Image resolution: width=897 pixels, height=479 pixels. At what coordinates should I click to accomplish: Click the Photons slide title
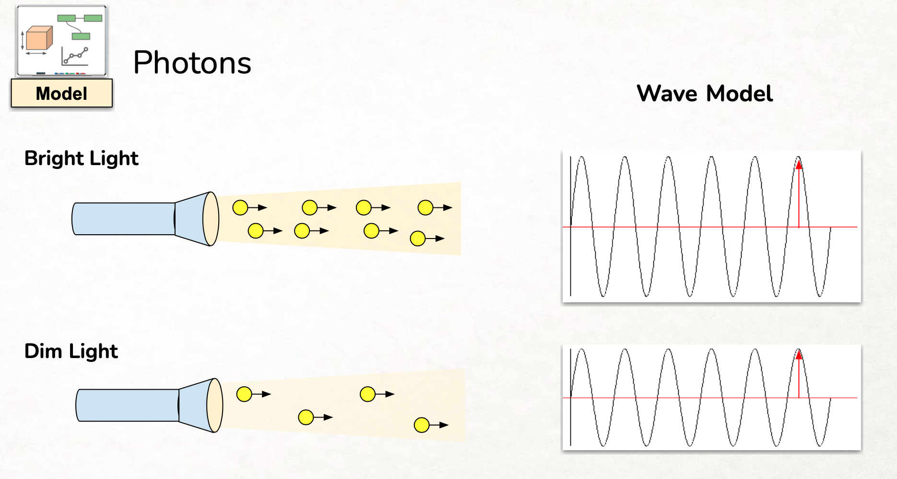(x=192, y=63)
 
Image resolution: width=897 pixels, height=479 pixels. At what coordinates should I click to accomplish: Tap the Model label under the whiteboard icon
(x=61, y=94)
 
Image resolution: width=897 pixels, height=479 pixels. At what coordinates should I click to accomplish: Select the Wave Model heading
(x=704, y=94)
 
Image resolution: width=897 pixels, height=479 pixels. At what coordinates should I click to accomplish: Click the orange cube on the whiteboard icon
(x=39, y=38)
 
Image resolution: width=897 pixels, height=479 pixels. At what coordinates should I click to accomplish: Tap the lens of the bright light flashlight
(x=211, y=219)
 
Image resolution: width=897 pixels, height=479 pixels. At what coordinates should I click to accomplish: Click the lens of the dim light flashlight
(x=215, y=405)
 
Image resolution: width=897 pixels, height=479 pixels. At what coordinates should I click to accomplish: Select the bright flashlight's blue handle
(x=124, y=219)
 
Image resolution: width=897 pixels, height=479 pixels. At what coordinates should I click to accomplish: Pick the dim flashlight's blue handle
(x=128, y=405)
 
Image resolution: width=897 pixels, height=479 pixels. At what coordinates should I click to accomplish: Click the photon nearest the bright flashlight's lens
(x=240, y=208)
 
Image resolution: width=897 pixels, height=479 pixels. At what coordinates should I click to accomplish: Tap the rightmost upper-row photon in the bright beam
(x=425, y=208)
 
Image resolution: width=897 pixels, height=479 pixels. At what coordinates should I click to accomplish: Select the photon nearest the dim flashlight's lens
(x=244, y=395)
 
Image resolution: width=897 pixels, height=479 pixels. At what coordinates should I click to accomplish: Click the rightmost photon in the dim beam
(x=422, y=425)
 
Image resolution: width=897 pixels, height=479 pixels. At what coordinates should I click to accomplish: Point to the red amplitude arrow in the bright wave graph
(x=799, y=194)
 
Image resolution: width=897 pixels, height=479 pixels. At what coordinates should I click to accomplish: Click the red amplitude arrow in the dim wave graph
(x=799, y=374)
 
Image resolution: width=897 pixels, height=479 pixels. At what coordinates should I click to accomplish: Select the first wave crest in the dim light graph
(x=581, y=350)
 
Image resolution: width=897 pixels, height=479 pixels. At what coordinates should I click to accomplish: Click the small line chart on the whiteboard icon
(x=75, y=57)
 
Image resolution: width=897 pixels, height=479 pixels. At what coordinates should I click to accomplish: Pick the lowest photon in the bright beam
(x=418, y=239)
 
